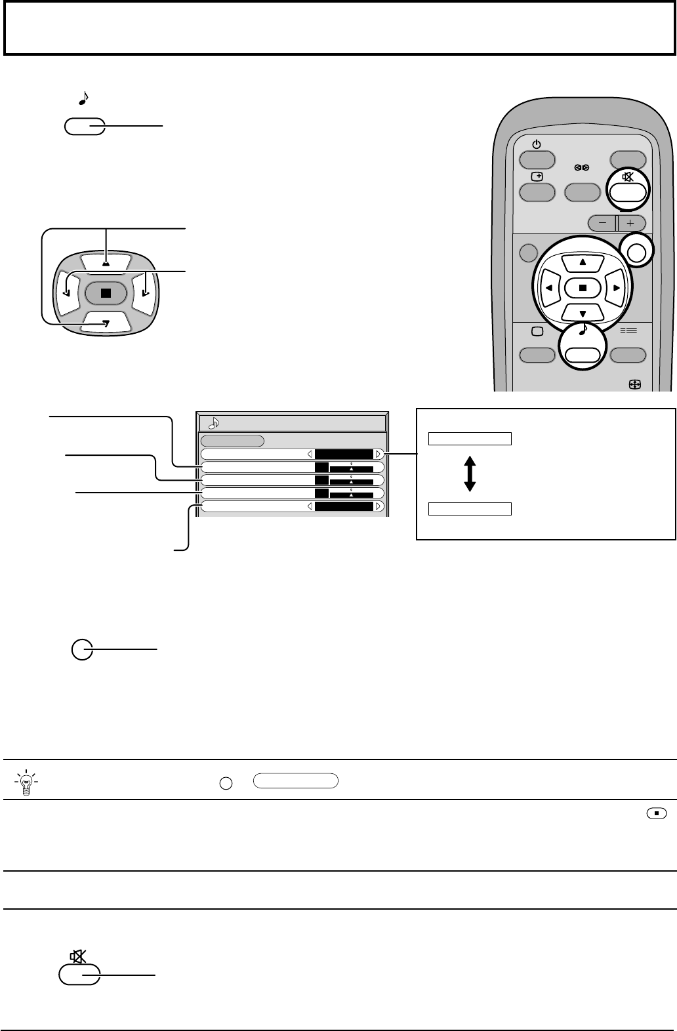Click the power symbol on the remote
pyautogui.click(x=536, y=145)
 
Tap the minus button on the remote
pyautogui.click(x=602, y=222)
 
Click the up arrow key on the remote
pyautogui.click(x=583, y=262)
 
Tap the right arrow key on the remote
pyautogui.click(x=616, y=287)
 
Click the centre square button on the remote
pyautogui.click(x=583, y=287)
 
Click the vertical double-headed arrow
pyautogui.click(x=470, y=474)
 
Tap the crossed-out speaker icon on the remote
pyautogui.click(x=628, y=176)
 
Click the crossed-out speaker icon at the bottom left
pyautogui.click(x=78, y=957)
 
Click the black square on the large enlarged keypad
pyautogui.click(x=105, y=293)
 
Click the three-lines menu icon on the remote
pyautogui.click(x=628, y=331)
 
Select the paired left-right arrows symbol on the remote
pyautogui.click(x=583, y=167)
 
